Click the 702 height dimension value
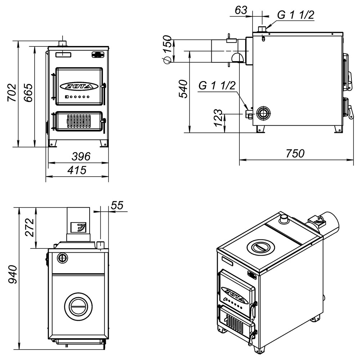12,93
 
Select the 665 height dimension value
28,93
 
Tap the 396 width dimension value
81,157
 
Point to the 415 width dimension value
77,170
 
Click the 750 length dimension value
295,153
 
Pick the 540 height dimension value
183,89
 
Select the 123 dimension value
219,118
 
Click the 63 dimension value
241,10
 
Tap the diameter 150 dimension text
167,49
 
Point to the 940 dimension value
13,274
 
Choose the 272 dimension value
30,228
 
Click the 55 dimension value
117,205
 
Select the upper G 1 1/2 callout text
296,15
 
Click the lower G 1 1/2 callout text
217,85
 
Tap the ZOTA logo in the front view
79,86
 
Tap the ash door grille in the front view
79,121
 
